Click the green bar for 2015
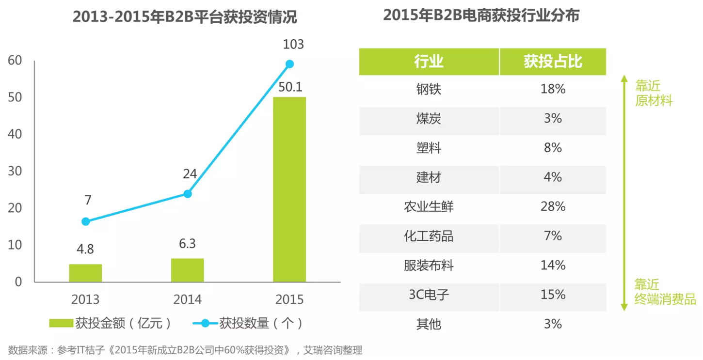[289, 189]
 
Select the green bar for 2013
[85, 273]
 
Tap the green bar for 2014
[188, 270]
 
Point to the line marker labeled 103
[290, 64]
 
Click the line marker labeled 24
[188, 194]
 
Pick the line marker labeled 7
[86, 221]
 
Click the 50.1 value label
[290, 87]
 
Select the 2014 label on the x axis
[188, 299]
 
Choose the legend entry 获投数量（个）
[248, 323]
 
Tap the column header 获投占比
[553, 62]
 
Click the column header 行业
[429, 62]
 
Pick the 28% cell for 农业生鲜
[553, 207]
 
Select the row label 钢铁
[429, 89]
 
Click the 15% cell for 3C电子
[553, 295]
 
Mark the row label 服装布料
[429, 266]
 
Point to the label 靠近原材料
[653, 94]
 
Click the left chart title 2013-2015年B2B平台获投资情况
[185, 17]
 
